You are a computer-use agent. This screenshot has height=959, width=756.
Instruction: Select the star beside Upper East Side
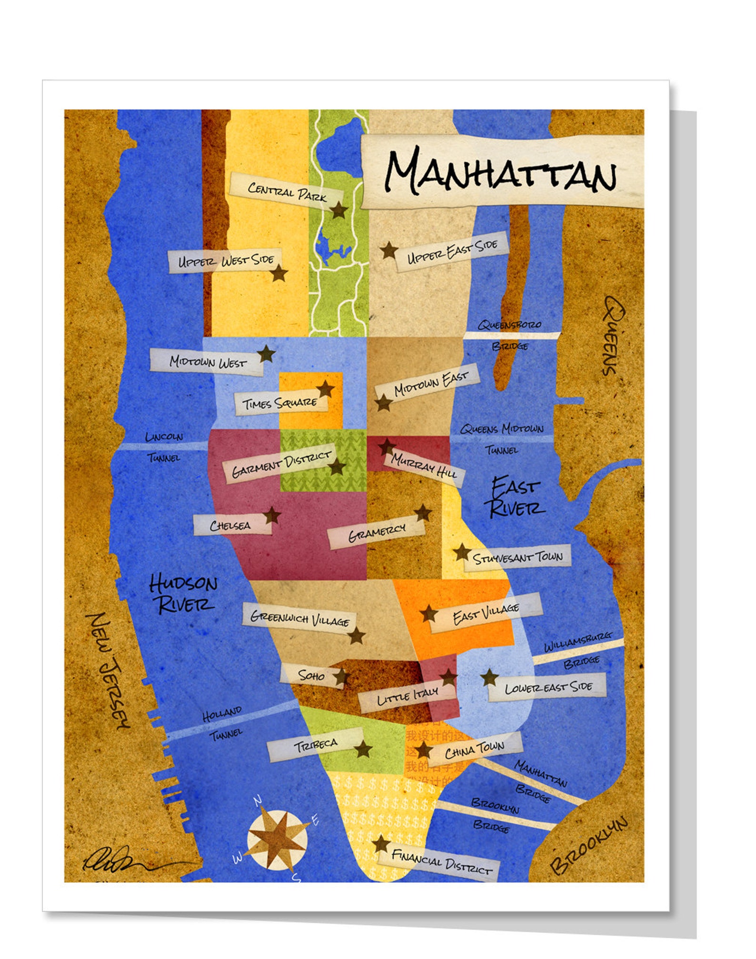[389, 250]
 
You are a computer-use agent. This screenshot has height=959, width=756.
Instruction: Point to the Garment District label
[281, 463]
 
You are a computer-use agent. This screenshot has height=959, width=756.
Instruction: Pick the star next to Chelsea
[272, 515]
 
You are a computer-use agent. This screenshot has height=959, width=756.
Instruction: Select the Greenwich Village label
[300, 618]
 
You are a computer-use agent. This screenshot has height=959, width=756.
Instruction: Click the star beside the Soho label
[341, 677]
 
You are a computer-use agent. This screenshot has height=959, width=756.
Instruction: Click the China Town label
[474, 751]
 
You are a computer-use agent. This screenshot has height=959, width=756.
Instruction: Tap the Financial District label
[441, 862]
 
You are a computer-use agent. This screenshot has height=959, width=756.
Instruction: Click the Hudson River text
[183, 594]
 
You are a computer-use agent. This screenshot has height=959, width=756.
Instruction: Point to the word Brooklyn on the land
[589, 845]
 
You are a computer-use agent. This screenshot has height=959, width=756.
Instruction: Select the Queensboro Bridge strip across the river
[512, 336]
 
